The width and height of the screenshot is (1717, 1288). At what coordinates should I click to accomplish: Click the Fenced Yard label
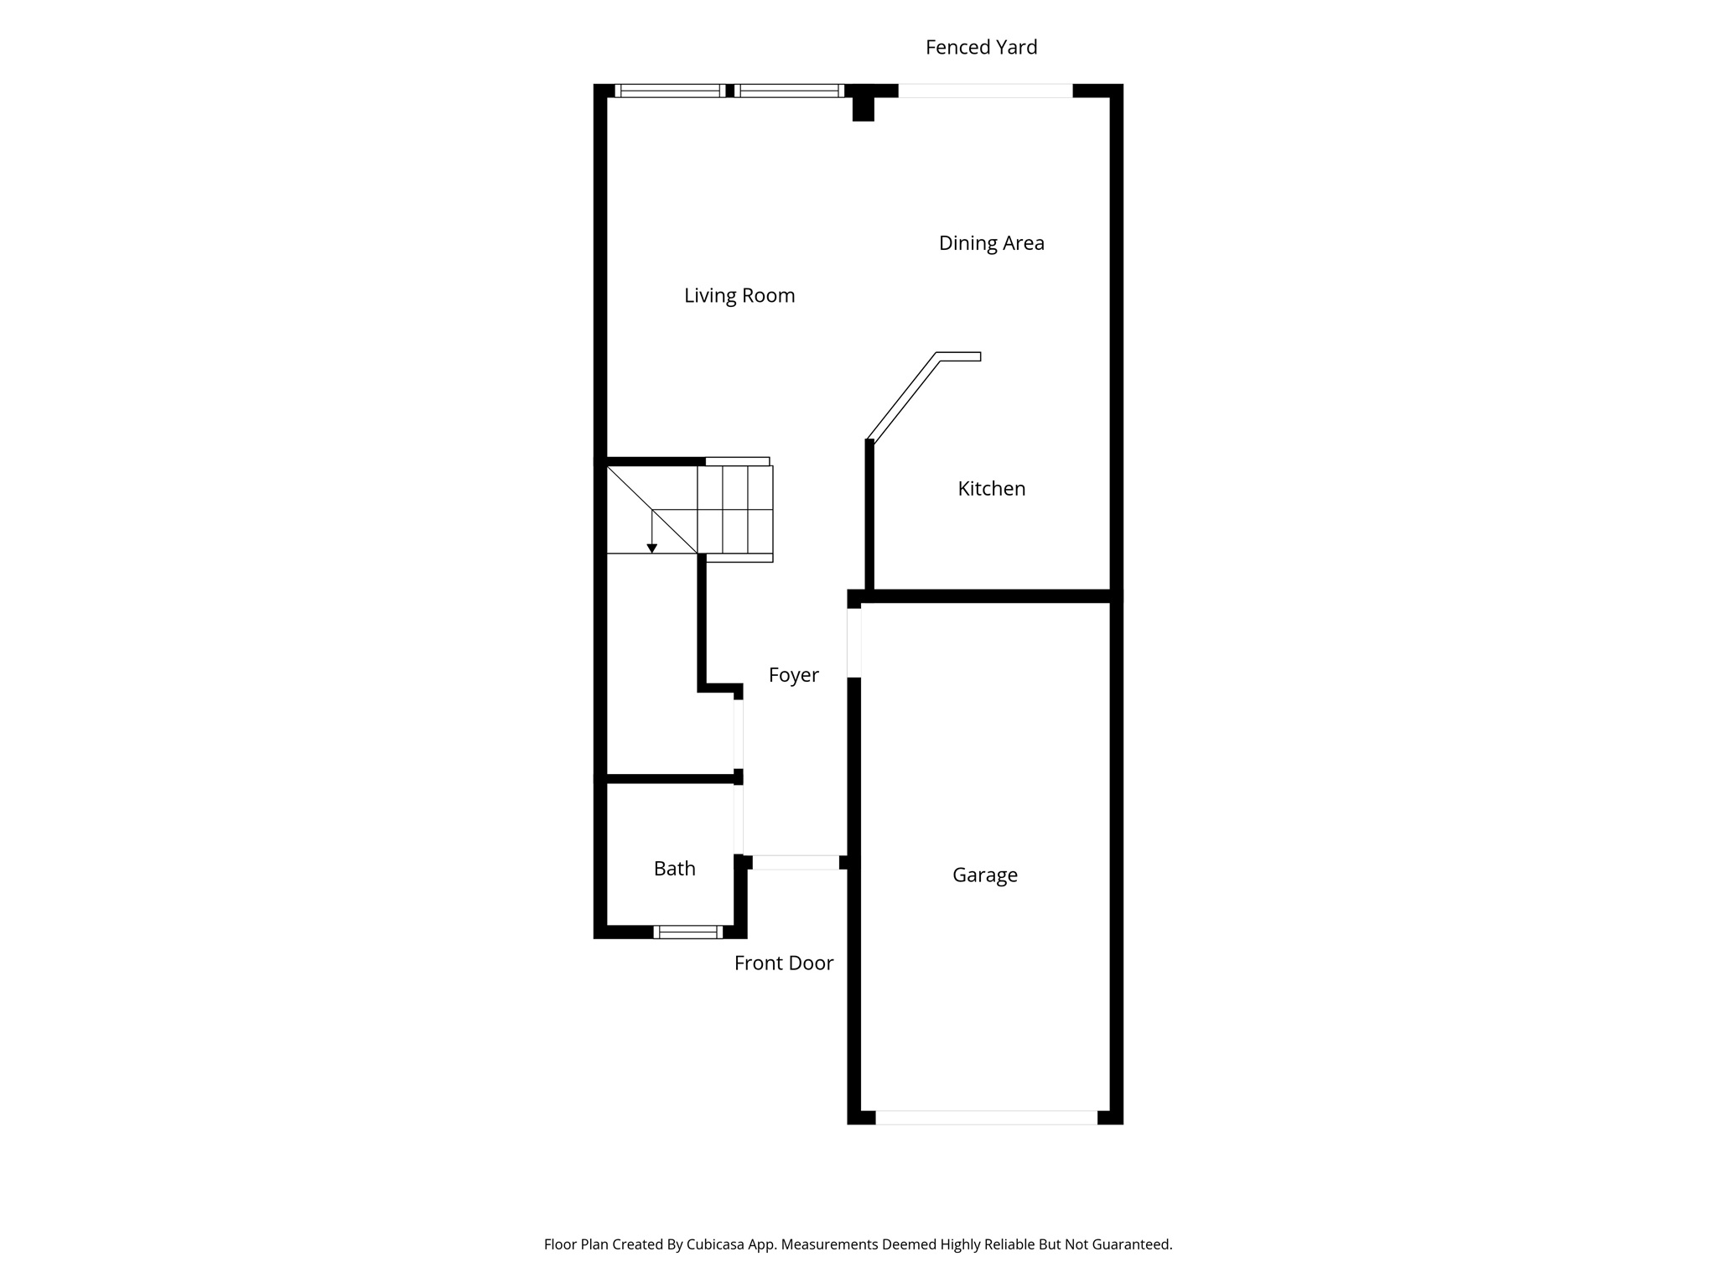click(981, 48)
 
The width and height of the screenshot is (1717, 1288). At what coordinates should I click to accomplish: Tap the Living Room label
click(739, 295)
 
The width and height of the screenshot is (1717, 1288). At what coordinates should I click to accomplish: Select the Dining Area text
click(991, 243)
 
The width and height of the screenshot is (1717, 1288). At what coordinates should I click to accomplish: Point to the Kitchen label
click(991, 489)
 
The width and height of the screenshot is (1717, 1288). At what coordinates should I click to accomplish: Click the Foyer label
click(793, 675)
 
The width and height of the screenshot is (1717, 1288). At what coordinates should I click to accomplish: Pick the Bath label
click(674, 869)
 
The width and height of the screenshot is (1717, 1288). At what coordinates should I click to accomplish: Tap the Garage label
click(984, 875)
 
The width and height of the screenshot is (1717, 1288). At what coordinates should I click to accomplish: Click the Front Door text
click(783, 963)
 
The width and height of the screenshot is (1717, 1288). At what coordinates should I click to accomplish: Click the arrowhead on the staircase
click(651, 548)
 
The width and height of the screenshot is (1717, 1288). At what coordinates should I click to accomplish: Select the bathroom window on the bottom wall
click(687, 932)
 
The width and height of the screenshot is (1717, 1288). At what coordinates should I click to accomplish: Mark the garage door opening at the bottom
click(986, 1117)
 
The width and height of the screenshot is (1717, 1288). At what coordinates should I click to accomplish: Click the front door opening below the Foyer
click(795, 862)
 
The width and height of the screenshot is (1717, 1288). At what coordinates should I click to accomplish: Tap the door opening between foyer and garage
click(853, 642)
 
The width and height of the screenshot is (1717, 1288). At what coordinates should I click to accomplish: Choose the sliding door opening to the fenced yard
click(985, 91)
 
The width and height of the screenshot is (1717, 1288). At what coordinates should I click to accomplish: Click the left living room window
click(670, 91)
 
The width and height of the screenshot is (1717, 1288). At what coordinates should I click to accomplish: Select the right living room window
click(790, 91)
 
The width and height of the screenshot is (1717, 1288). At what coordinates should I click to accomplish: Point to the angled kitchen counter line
click(904, 396)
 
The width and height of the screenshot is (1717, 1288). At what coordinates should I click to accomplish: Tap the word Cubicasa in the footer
click(716, 1244)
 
